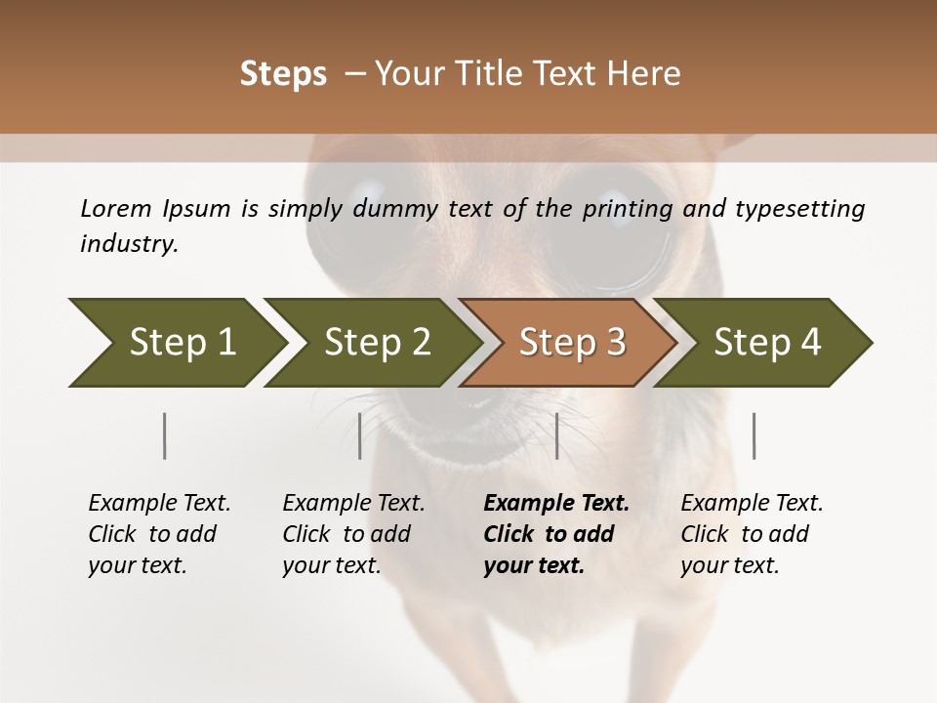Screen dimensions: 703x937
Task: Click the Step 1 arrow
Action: pos(176,343)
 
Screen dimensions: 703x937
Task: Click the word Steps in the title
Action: pos(283,74)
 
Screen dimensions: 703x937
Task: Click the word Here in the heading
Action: pos(645,74)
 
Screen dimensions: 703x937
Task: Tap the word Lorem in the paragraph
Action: pos(116,208)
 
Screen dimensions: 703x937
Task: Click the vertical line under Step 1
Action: pos(164,435)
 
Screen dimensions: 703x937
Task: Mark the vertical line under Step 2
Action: pos(360,435)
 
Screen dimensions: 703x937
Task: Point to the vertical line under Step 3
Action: pos(557,435)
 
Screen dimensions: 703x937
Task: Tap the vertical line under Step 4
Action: pos(754,435)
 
